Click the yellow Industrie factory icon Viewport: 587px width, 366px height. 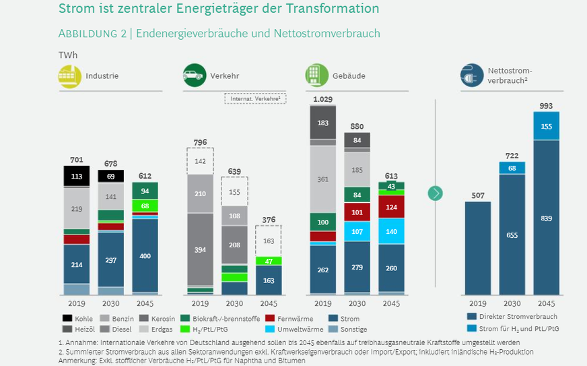(x=69, y=75)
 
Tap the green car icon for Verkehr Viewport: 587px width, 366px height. (x=195, y=75)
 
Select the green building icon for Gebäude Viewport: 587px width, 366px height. (x=316, y=75)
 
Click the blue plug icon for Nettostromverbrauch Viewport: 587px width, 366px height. (x=471, y=75)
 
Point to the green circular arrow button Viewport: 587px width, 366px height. (x=436, y=193)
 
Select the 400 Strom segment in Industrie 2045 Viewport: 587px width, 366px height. (x=145, y=256)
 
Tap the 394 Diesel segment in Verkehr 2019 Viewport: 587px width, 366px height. (x=201, y=250)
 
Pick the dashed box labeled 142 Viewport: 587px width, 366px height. (x=201, y=161)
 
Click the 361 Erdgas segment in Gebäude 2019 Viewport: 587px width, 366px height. (x=322, y=179)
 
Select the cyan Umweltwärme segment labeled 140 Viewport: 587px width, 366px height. (x=391, y=231)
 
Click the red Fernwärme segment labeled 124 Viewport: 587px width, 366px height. (x=391, y=206)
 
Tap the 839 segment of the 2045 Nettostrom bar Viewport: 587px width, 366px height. (x=546, y=218)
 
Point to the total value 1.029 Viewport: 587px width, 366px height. (x=322, y=100)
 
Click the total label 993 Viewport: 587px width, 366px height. (x=546, y=106)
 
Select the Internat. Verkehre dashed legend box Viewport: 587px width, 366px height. (x=255, y=98)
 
